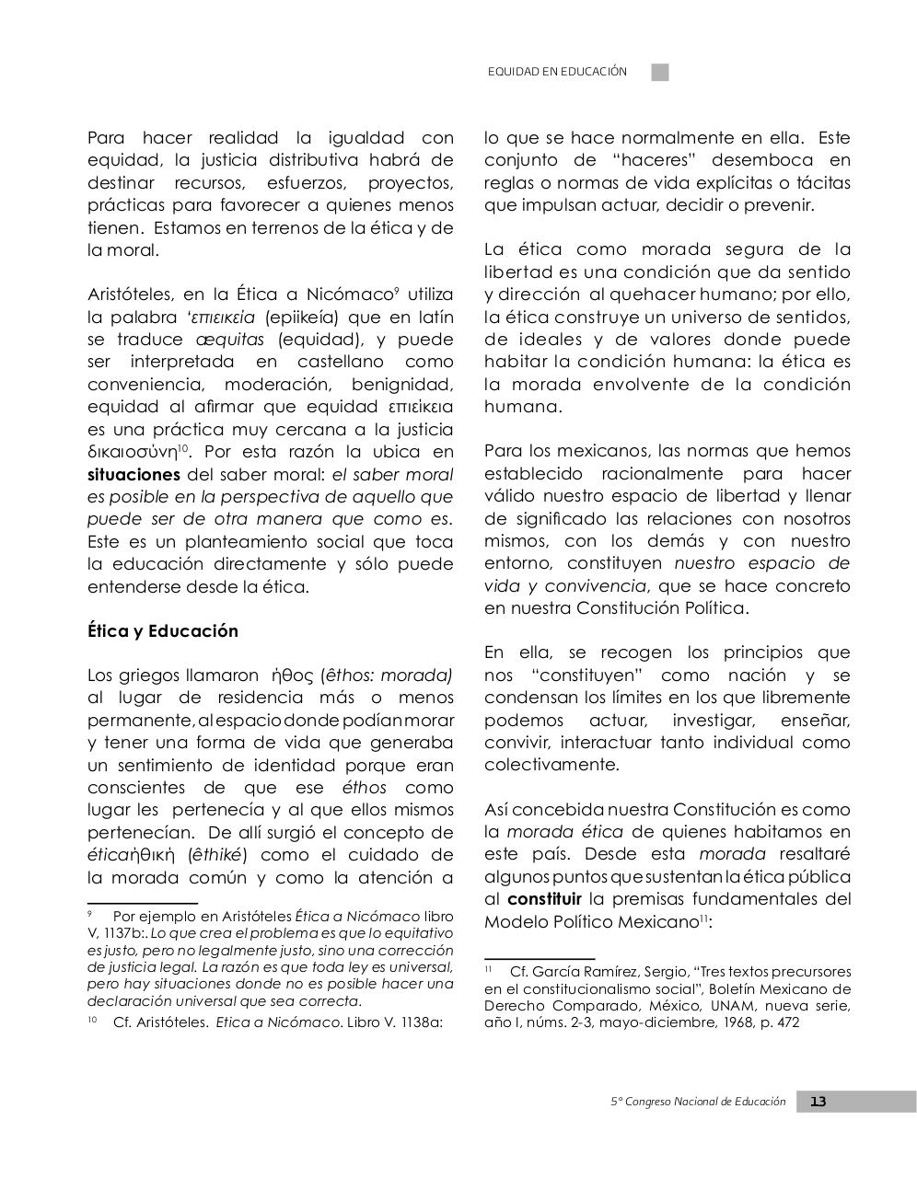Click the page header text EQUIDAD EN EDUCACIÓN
pyautogui.click(x=557, y=72)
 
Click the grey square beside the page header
pyautogui.click(x=660, y=72)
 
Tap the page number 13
pyautogui.click(x=818, y=1102)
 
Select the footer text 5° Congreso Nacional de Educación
pyautogui.click(x=698, y=1102)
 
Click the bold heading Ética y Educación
pyautogui.click(x=162, y=631)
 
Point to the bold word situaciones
pyautogui.click(x=133, y=475)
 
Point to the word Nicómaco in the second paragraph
pyautogui.click(x=347, y=295)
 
